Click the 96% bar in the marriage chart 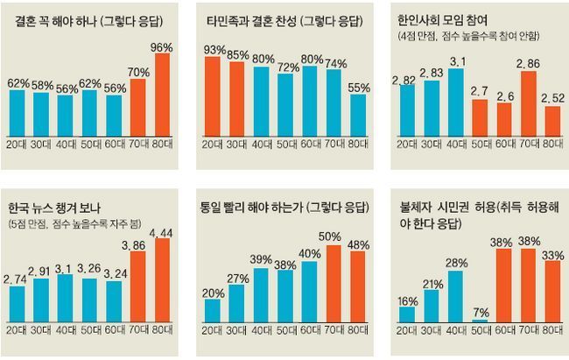pyautogui.click(x=162, y=95)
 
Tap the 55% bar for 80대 pyautogui.click(x=358, y=115)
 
